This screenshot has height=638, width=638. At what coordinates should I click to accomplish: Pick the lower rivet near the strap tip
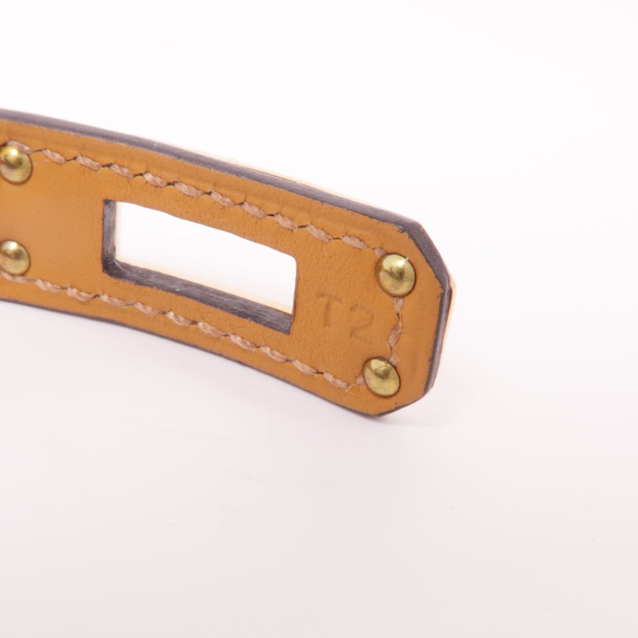(x=382, y=374)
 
